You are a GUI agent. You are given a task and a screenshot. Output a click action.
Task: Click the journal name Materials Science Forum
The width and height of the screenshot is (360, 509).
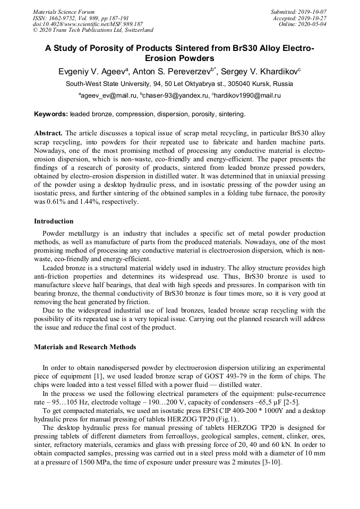pyautogui.click(x=64, y=12)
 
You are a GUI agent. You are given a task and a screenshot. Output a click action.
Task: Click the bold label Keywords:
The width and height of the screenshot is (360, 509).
pyautogui.click(x=51, y=114)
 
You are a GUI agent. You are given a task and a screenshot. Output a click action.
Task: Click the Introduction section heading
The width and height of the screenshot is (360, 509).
pyautogui.click(x=54, y=221)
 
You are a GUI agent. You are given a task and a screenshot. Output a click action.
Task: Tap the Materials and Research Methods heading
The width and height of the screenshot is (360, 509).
pyautogui.click(x=85, y=347)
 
